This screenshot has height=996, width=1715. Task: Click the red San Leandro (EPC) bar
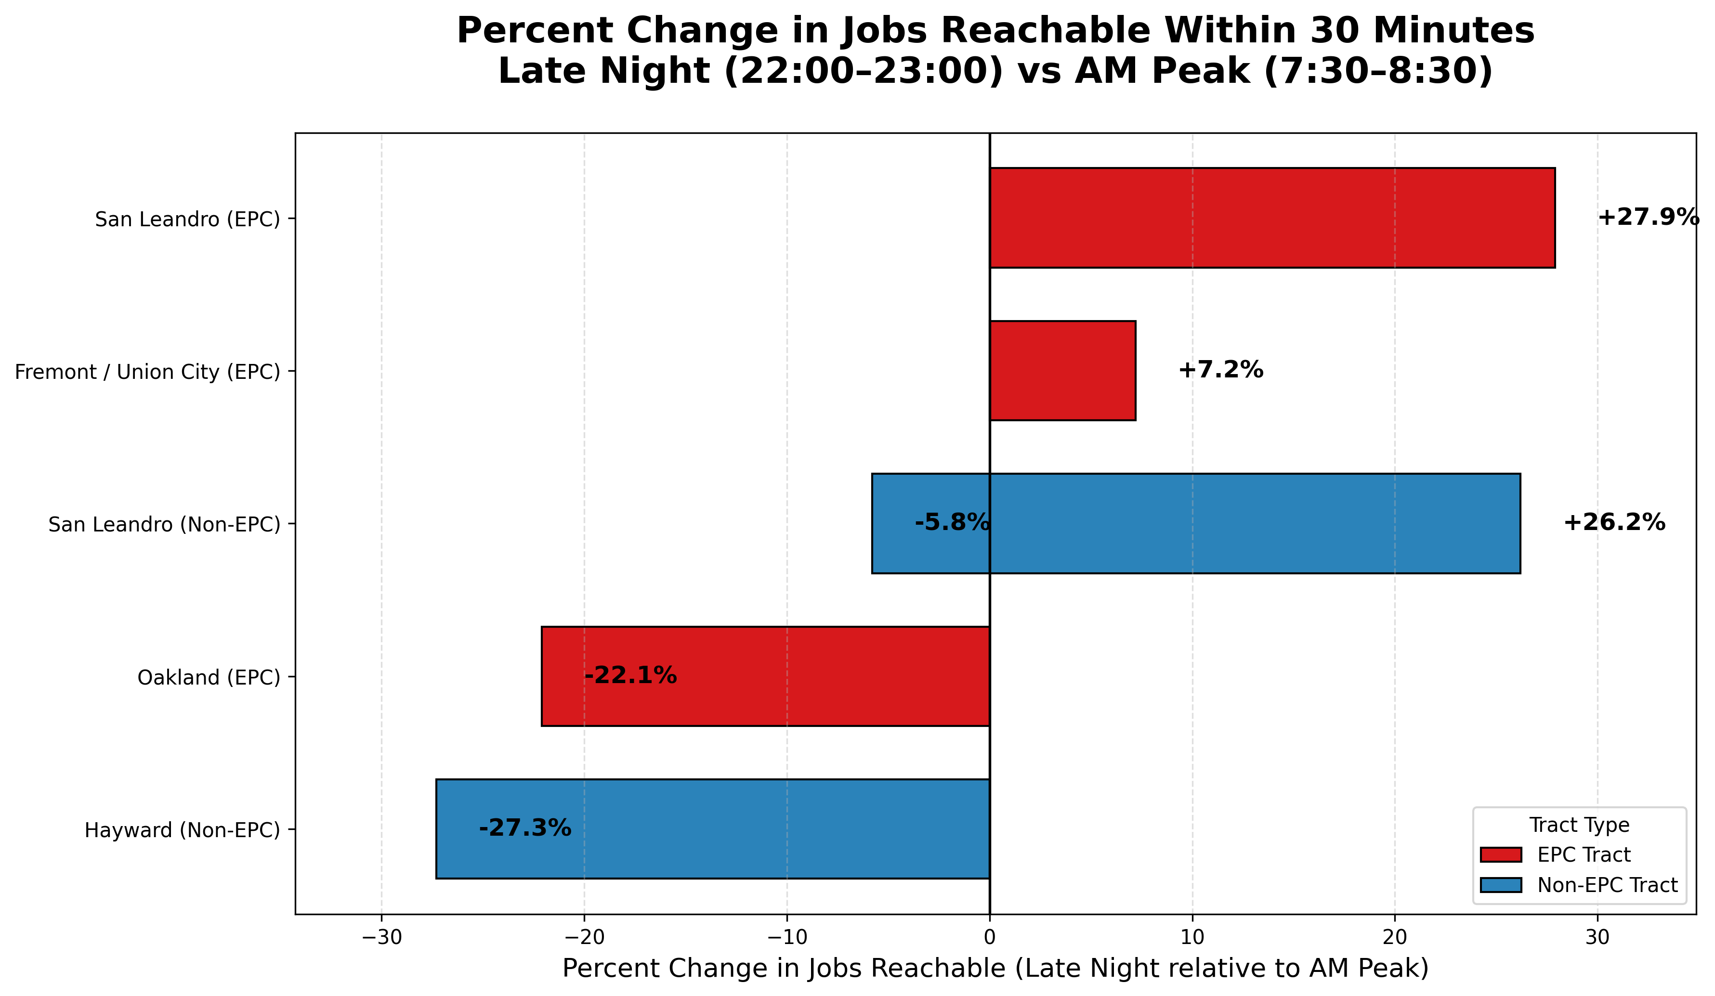1271,218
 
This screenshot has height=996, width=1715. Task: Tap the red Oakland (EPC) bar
765,676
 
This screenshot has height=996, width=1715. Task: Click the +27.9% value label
1648,218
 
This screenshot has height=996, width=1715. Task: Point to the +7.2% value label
1220,370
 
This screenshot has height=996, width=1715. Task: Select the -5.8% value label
952,523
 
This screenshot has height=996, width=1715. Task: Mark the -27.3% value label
524,828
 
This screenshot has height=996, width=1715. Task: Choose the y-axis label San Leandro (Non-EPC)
164,525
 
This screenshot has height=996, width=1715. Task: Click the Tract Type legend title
1579,825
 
